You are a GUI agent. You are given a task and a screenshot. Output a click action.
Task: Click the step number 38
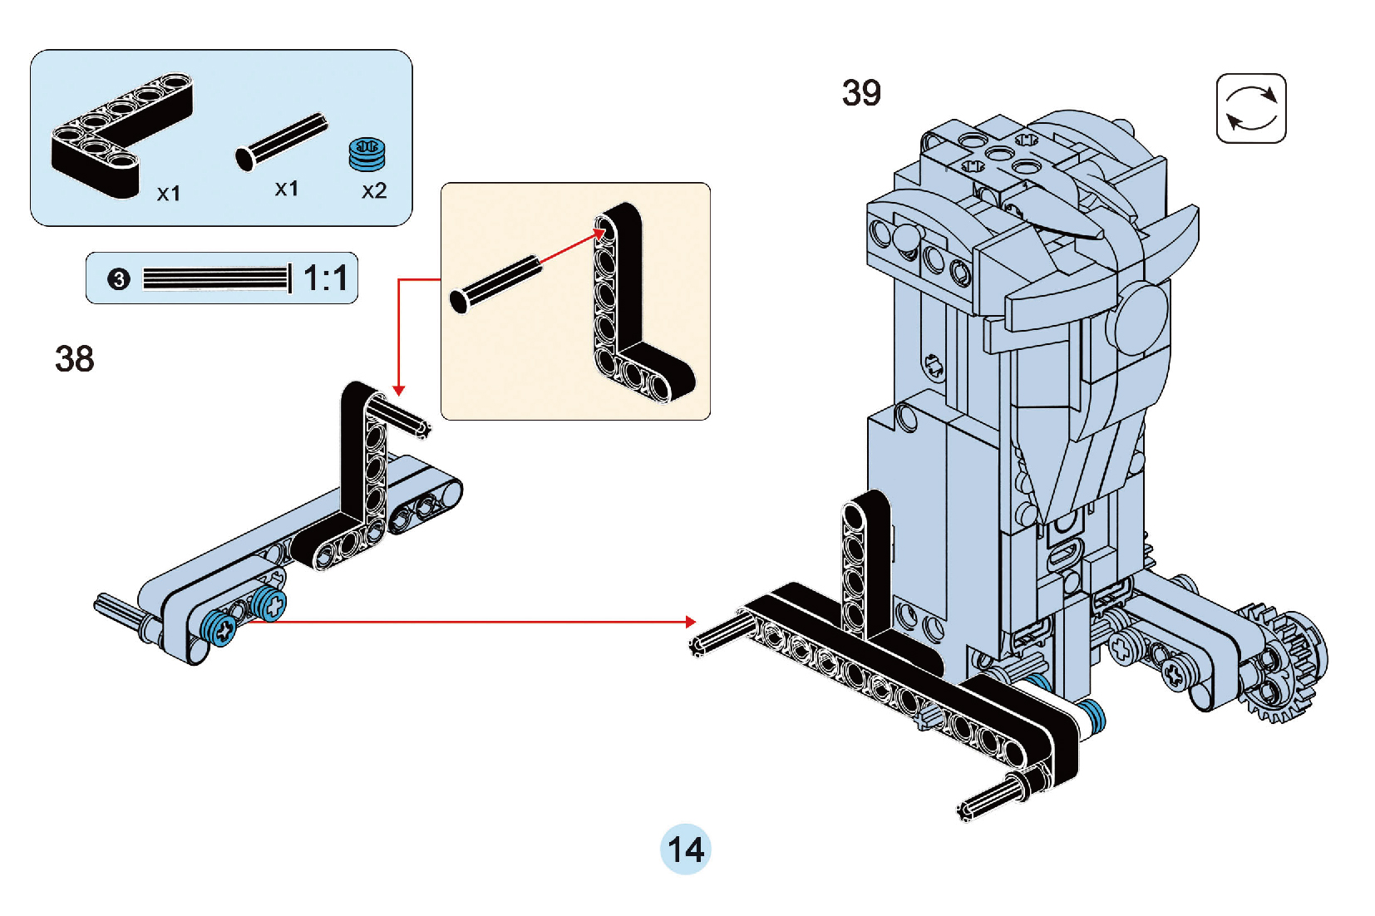coord(75,359)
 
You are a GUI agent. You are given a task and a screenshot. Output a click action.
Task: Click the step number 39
coord(861,93)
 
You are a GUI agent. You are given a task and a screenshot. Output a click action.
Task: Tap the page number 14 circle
coord(686,850)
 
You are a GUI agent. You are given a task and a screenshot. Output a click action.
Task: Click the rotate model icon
coord(1251,109)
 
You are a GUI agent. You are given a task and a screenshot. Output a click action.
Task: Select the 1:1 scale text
coord(325,278)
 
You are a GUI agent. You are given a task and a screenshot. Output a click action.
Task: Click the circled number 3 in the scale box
coord(119,279)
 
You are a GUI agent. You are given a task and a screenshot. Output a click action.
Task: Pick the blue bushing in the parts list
coord(367,154)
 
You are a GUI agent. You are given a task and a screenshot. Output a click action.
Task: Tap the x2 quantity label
coord(374,191)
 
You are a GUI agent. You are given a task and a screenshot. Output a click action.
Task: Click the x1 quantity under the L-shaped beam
coord(169,194)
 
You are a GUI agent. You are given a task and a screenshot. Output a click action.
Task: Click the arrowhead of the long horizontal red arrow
coord(691,622)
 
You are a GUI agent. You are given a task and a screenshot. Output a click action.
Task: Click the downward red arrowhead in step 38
coord(399,390)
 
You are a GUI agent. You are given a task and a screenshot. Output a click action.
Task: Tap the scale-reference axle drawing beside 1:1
coord(216,278)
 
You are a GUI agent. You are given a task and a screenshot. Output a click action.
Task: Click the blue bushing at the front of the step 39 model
coord(1092,717)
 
